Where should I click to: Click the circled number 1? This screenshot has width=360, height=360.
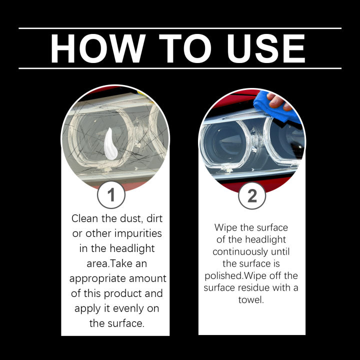point(111,195)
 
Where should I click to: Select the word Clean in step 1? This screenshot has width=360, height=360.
point(84,218)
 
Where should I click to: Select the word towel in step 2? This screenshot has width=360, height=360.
point(251,299)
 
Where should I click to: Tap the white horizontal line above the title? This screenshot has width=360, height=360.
point(180,28)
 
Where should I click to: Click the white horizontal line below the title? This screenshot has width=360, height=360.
point(180,68)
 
